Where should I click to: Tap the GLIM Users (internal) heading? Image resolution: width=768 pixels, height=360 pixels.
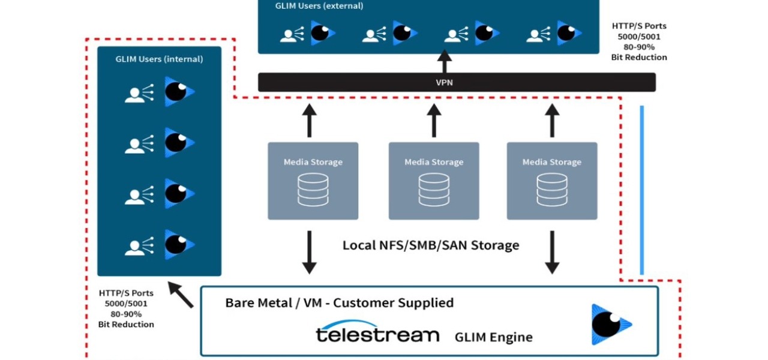[159, 59]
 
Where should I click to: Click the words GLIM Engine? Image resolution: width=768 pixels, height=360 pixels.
[493, 337]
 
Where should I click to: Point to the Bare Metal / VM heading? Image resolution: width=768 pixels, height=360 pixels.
[339, 303]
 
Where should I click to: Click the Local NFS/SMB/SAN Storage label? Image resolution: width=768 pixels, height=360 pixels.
[430, 245]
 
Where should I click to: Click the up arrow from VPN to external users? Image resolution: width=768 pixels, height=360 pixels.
[444, 61]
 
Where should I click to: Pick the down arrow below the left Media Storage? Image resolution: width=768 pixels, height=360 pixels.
[309, 252]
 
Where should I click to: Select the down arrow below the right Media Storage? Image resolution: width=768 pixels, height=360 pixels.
[551, 252]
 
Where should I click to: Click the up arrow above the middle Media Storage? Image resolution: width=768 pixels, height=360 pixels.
[434, 120]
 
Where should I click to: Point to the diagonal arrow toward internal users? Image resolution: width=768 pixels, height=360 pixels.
[181, 295]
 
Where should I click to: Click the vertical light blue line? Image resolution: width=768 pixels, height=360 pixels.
[641, 190]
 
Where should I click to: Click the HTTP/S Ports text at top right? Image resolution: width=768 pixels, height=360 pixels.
[639, 26]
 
